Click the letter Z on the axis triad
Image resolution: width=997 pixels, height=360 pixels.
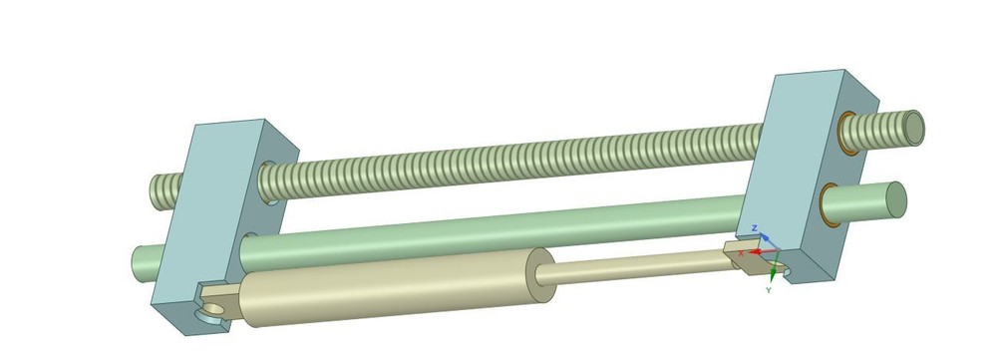[755, 228]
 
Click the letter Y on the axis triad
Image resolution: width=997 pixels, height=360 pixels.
[769, 290]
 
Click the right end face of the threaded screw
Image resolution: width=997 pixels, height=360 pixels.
[913, 127]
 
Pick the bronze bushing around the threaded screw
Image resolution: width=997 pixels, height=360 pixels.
[846, 135]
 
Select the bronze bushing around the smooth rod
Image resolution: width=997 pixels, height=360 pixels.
[828, 203]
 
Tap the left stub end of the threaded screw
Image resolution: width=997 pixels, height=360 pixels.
[160, 190]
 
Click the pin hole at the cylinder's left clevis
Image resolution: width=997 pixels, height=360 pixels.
[211, 311]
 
